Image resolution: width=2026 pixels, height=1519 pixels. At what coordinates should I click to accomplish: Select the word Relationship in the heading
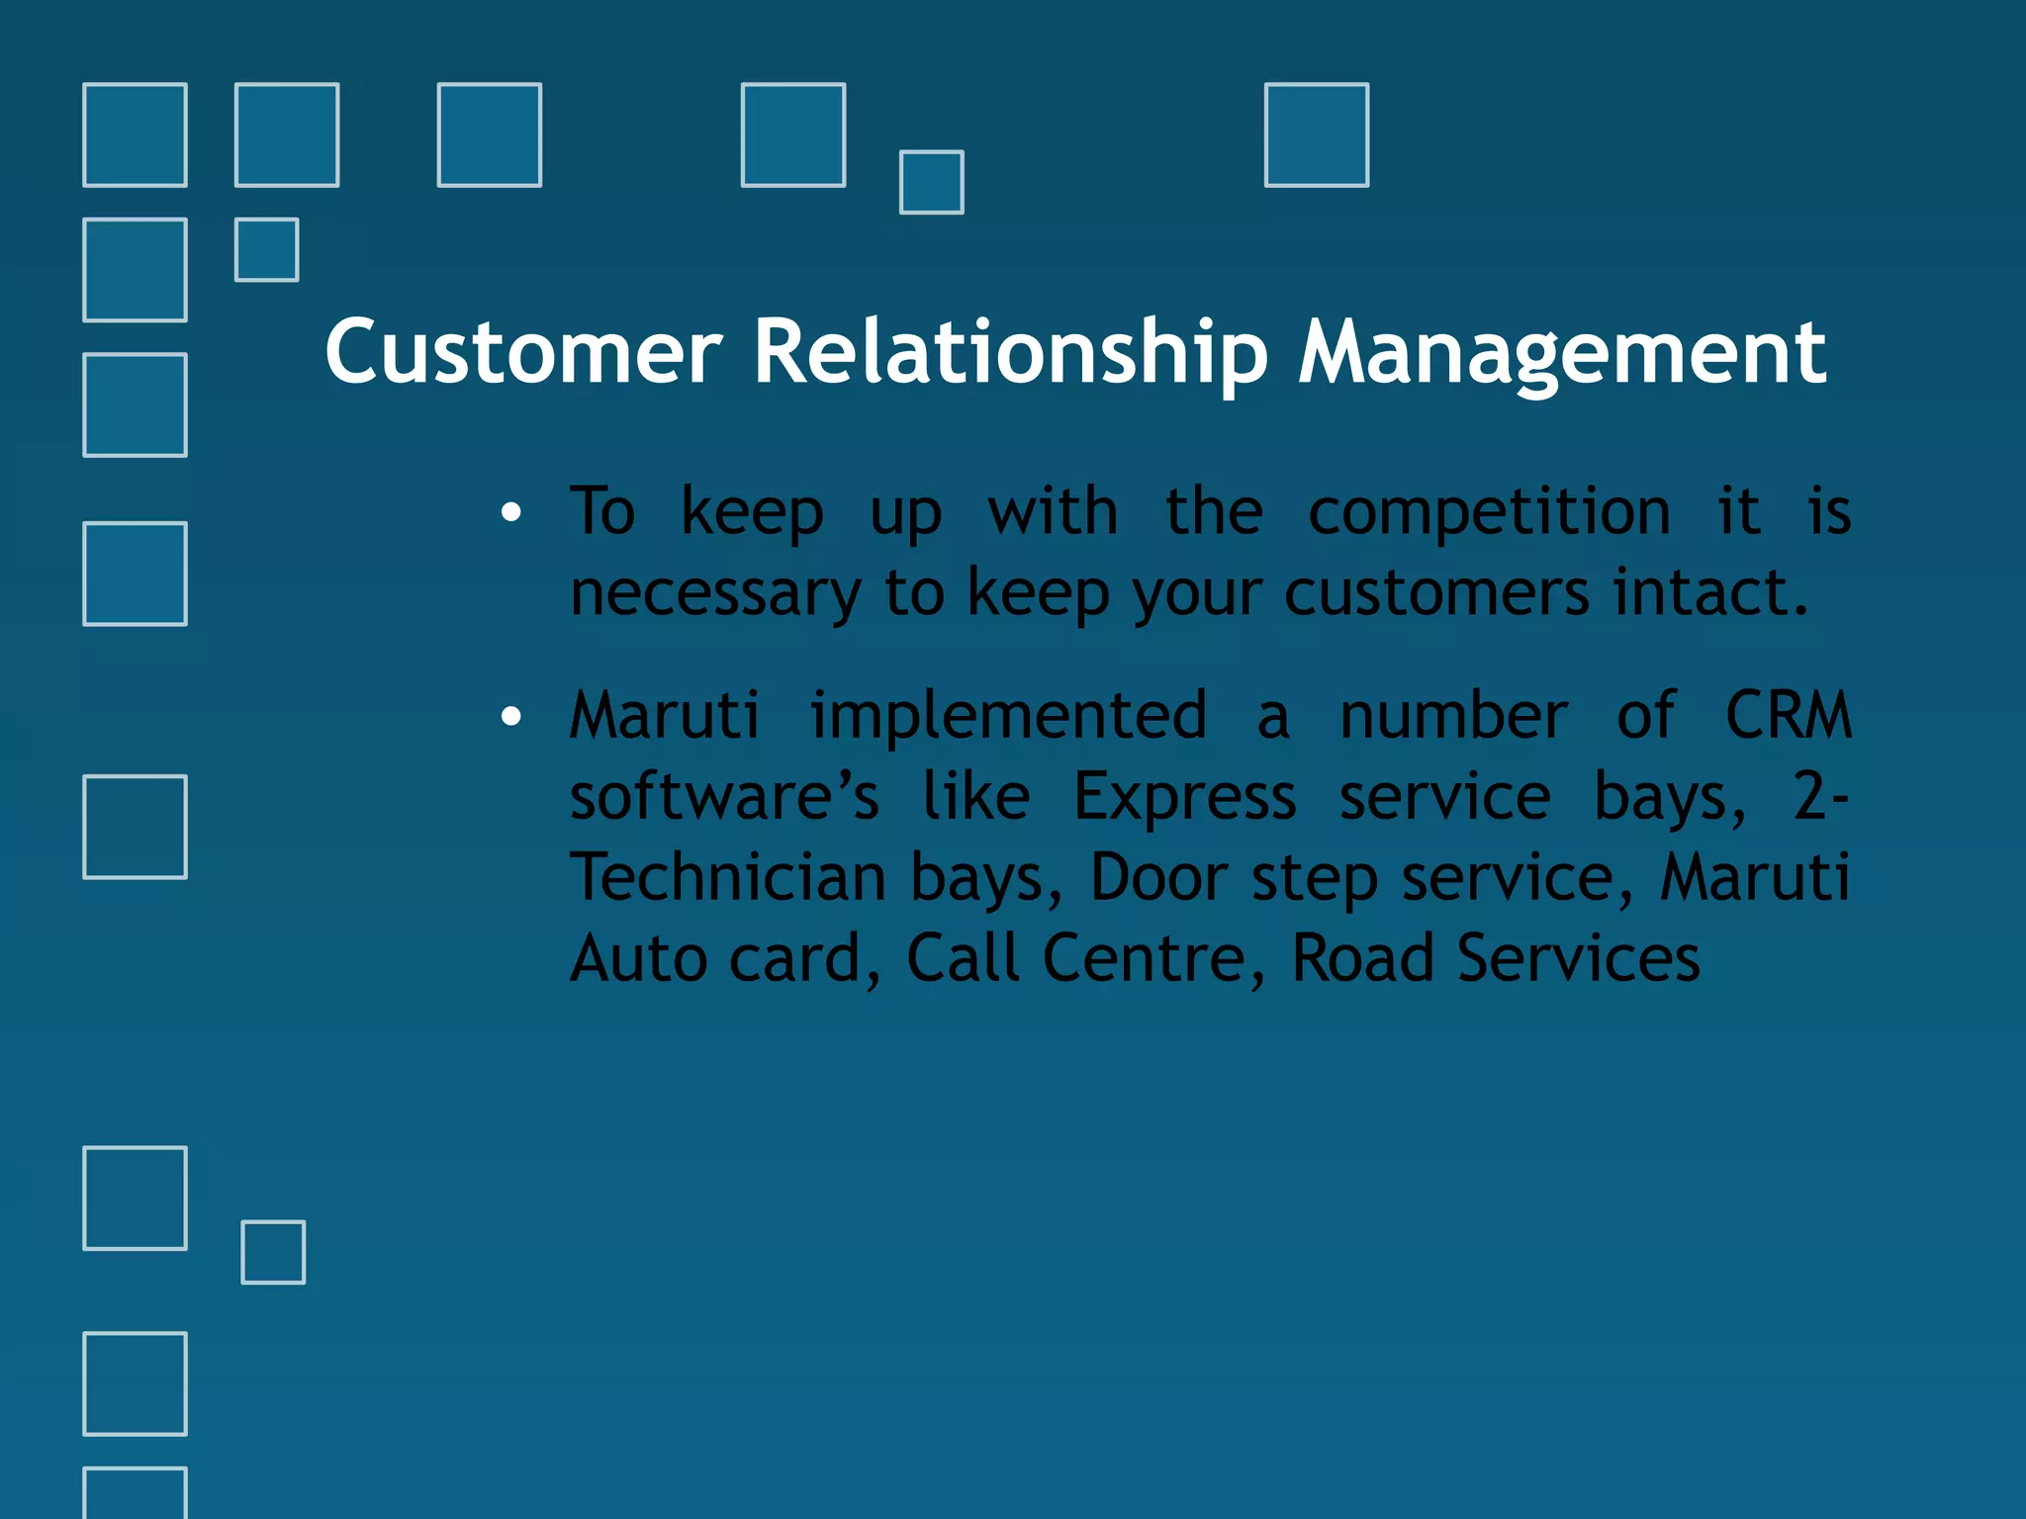coord(1010,354)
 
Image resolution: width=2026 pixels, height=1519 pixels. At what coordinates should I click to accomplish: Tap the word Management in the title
coord(1562,354)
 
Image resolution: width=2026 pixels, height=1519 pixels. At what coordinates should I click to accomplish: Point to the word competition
coord(1489,513)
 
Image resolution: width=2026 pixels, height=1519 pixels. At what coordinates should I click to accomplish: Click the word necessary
coord(715,594)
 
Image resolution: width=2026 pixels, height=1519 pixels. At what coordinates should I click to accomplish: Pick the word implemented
coord(1008,717)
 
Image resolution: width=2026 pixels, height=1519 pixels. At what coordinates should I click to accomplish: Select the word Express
coord(1184,798)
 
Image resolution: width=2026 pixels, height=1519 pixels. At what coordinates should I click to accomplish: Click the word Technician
coord(728,877)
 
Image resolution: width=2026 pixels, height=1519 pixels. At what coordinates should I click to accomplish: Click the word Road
coord(1362,958)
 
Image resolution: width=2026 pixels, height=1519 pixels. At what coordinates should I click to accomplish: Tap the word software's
coord(724,798)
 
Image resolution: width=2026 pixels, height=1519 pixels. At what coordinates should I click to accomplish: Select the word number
coord(1453,717)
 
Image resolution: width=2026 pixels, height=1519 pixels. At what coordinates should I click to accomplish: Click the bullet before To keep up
coord(510,512)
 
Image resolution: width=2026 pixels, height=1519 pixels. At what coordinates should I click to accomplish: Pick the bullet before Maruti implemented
coord(510,716)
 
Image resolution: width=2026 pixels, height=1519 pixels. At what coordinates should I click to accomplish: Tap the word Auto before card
coord(639,958)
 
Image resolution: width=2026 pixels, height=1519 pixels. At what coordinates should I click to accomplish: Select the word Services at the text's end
coord(1578,958)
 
